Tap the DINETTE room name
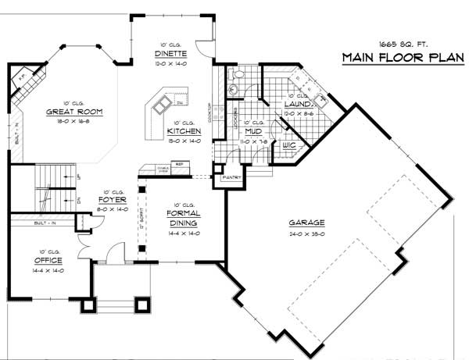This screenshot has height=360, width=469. [170, 54]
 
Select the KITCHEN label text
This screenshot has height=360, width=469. [184, 132]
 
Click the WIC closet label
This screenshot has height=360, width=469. [288, 145]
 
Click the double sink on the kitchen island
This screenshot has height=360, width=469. [163, 104]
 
